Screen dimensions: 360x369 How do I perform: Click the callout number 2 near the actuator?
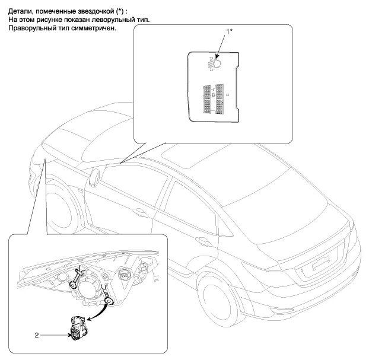37,335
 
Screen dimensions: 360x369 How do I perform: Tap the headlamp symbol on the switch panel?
214,63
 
